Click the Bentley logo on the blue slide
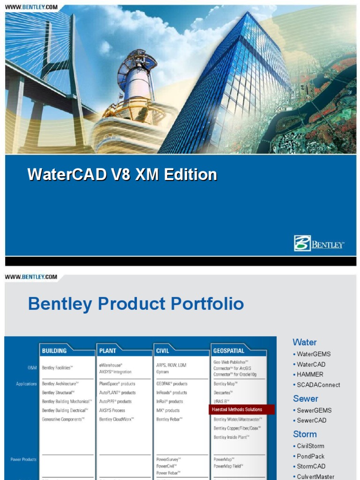pyautogui.click(x=319, y=244)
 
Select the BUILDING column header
pyautogui.click(x=55, y=350)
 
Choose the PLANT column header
pyautogui.click(x=108, y=350)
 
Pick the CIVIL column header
pyautogui.click(x=163, y=350)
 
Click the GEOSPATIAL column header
pyautogui.click(x=229, y=350)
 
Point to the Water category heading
pyautogui.click(x=304, y=342)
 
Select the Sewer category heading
pyautogui.click(x=305, y=398)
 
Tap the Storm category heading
pyautogui.click(x=305, y=434)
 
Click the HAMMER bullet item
pyautogui.click(x=310, y=375)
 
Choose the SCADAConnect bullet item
pyautogui.click(x=318, y=385)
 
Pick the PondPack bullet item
pyautogui.click(x=310, y=456)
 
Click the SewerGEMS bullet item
pyautogui.click(x=314, y=410)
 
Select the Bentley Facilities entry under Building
pyautogui.click(x=58, y=368)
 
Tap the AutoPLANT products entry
pyautogui.click(x=117, y=393)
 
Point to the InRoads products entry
pyautogui.click(x=172, y=393)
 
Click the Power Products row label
pyautogui.click(x=23, y=459)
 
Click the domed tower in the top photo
pyautogui.click(x=136, y=80)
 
